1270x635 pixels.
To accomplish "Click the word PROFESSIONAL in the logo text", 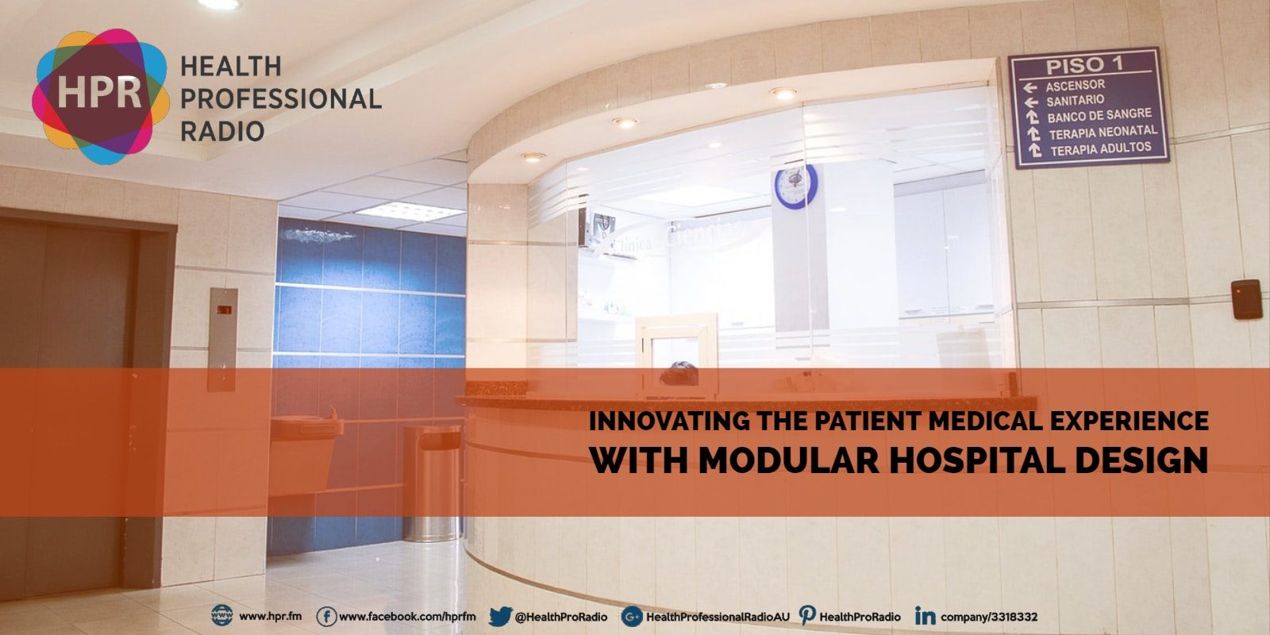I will (x=281, y=99).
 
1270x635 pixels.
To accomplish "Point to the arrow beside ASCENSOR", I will (x=1031, y=87).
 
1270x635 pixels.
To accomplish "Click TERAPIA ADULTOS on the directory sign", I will (x=1100, y=148).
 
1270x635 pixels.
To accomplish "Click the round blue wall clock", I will (x=795, y=187).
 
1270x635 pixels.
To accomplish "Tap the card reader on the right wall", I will (x=1246, y=298).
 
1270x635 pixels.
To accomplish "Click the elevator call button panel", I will (x=222, y=339).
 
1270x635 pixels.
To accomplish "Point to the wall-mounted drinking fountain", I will (x=306, y=444).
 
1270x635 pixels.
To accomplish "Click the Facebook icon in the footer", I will (x=325, y=617).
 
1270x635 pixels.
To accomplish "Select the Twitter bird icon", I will (x=499, y=617).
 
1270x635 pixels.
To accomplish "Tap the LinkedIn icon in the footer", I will (x=925, y=617).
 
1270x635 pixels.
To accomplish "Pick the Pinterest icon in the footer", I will (x=807, y=616).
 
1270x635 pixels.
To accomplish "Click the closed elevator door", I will (x=67, y=397).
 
